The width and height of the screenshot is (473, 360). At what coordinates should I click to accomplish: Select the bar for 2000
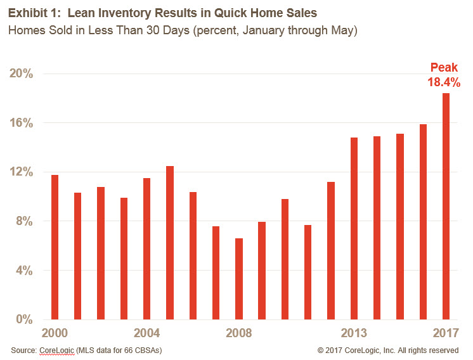(x=55, y=247)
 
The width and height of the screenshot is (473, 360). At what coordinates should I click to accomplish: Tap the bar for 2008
(x=239, y=279)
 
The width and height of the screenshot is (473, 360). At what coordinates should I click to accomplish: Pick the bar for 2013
(x=354, y=228)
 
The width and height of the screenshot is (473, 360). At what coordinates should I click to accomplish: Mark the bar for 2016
(x=423, y=222)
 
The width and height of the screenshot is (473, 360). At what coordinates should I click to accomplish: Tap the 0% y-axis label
(x=24, y=319)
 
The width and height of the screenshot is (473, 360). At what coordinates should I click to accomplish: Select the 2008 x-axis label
(x=239, y=333)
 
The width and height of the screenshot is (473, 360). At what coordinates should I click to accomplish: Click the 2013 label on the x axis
(x=354, y=333)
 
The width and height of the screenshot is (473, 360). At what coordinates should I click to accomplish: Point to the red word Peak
(x=443, y=67)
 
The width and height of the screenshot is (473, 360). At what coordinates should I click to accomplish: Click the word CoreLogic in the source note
(x=58, y=350)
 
